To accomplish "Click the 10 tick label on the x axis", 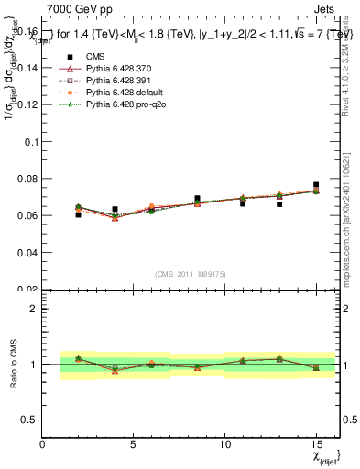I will pyautogui.click(x=225, y=446).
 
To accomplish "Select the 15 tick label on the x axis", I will pyautogui.click(x=316, y=446).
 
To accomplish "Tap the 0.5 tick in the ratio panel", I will pyautogui.click(x=31, y=420).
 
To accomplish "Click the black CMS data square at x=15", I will pyautogui.click(x=316, y=185).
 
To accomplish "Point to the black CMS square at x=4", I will pyautogui.click(x=115, y=209).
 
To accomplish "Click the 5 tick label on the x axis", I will pyautogui.click(x=134, y=446).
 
